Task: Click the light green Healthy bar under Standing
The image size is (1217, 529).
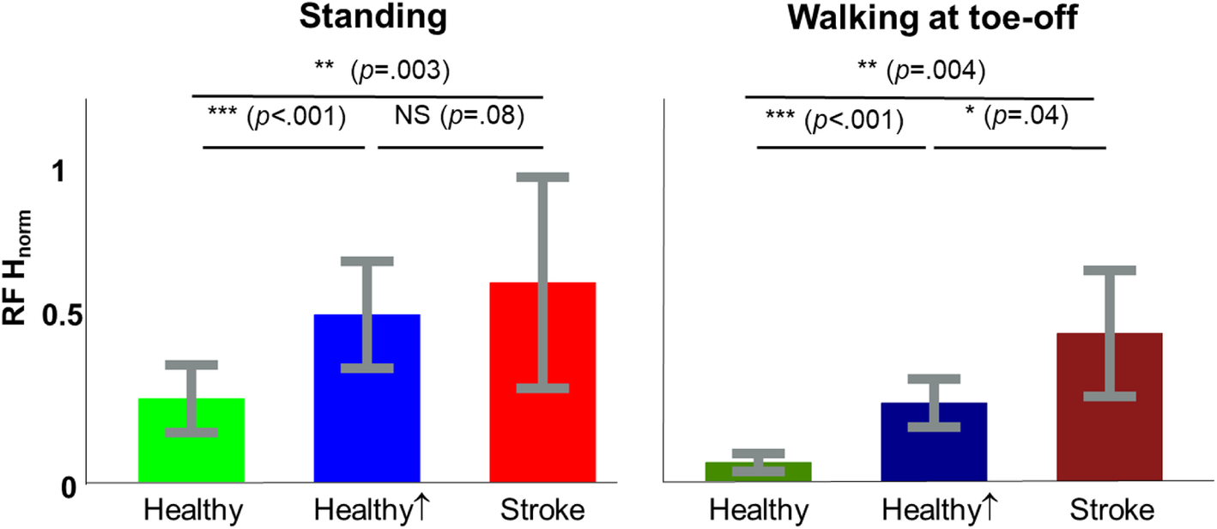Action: tap(191, 455)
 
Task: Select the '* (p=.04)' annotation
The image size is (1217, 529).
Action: tap(1016, 116)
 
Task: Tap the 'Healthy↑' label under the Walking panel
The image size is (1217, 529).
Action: tap(935, 511)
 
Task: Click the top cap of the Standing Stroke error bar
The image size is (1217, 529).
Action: tap(542, 177)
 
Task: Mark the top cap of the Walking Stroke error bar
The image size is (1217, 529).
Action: tap(1110, 271)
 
